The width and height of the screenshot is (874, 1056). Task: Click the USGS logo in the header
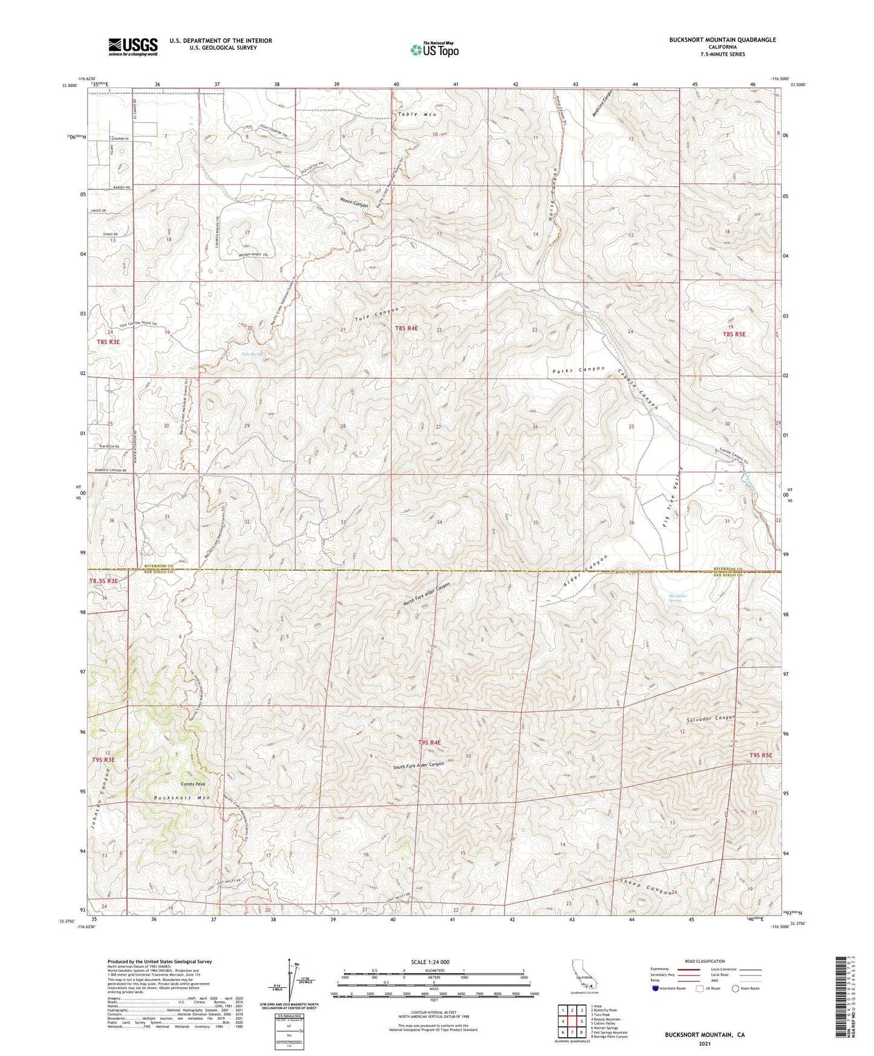[133, 46]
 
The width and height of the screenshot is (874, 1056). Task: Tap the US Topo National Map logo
[434, 50]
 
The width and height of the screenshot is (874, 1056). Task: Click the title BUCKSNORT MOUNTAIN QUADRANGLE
[722, 40]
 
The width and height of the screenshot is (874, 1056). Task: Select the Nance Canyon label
[354, 203]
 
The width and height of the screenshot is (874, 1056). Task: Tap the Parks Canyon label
[578, 369]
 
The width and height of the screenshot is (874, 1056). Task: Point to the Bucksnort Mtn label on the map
[181, 798]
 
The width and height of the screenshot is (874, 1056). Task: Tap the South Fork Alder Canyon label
[419, 765]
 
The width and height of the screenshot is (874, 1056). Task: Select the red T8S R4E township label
[406, 328]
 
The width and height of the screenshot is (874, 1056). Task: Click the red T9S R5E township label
[761, 755]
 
